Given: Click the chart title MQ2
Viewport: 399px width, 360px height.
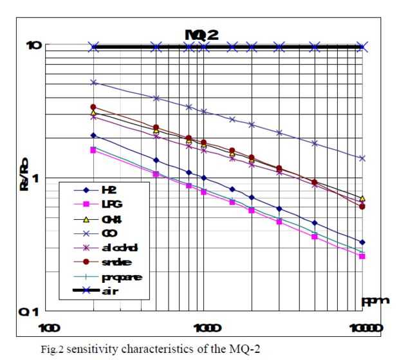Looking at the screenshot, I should click(202, 35).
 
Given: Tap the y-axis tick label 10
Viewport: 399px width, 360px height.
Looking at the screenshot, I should click(34, 46).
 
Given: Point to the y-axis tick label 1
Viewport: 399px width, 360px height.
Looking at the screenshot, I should click(37, 178).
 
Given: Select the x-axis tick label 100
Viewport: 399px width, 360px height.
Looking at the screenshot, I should click(49, 328).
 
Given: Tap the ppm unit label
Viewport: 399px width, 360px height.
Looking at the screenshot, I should click(374, 300).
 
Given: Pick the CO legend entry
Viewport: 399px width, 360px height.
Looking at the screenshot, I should click(106, 233).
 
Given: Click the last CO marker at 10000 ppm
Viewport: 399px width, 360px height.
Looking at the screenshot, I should click(362, 158).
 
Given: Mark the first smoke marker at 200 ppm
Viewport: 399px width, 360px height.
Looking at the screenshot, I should click(93, 107).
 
